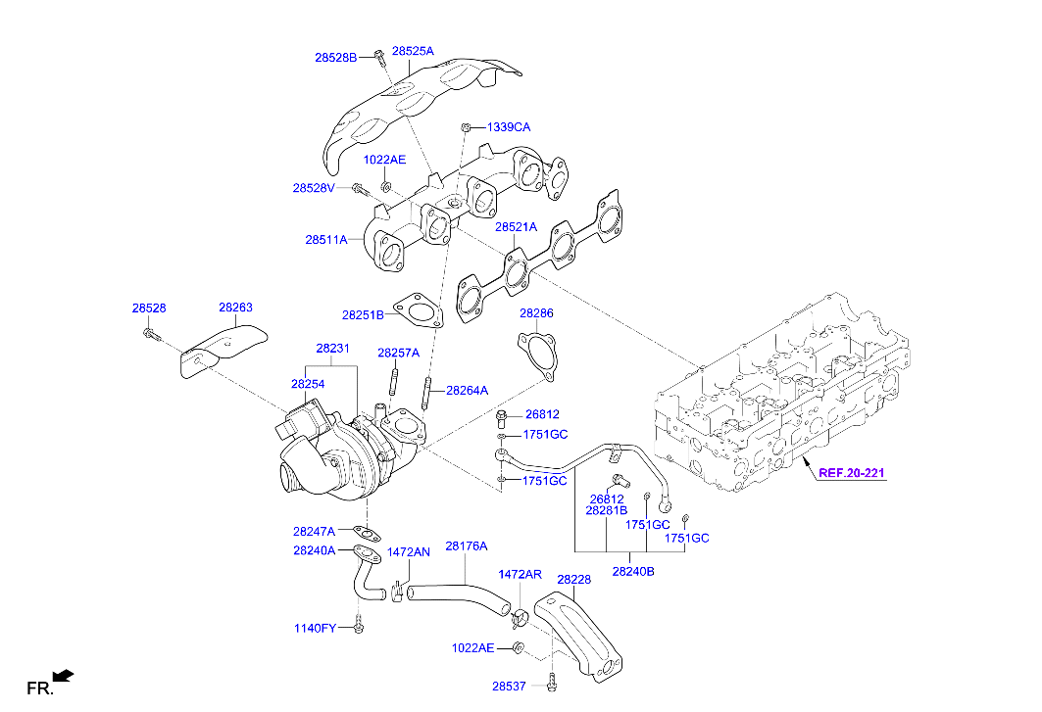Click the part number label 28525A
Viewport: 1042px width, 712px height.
coord(413,50)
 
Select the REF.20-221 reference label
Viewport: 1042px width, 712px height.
coord(852,473)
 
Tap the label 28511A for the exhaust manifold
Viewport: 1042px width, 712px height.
coord(325,239)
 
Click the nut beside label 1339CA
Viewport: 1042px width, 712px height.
coord(468,127)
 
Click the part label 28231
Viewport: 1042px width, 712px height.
coord(332,348)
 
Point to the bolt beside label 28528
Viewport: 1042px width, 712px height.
coord(151,336)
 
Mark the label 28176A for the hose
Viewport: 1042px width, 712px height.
coord(466,546)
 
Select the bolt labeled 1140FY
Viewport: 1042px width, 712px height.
coord(359,624)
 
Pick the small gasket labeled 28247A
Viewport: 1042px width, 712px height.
coord(368,534)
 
